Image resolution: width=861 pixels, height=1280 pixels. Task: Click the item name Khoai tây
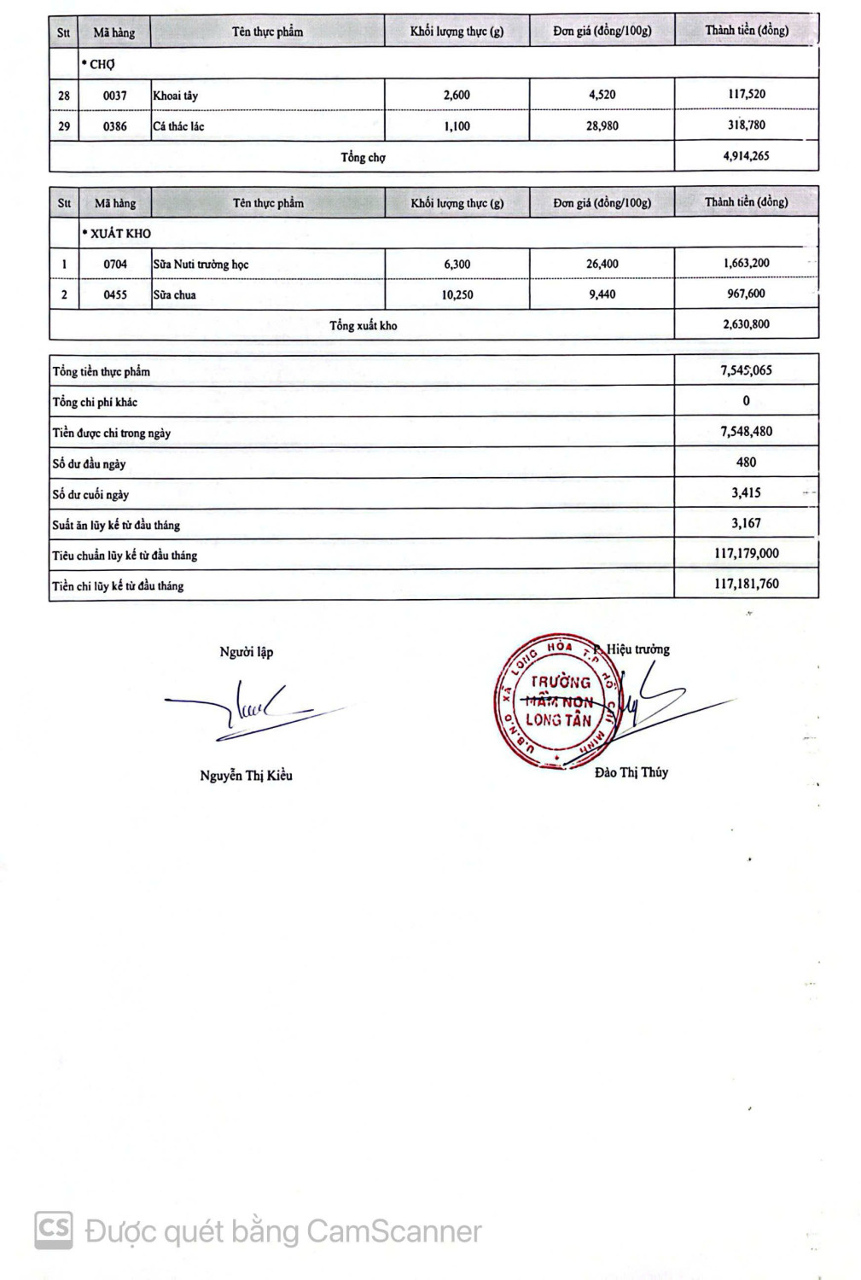[x=176, y=96]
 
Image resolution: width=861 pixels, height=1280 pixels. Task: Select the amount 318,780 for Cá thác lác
[x=746, y=125]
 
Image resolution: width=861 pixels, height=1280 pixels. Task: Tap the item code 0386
[x=115, y=126]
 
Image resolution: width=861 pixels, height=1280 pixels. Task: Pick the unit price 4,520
[x=602, y=95]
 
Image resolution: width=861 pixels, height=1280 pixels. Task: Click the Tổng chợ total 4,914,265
[x=746, y=155]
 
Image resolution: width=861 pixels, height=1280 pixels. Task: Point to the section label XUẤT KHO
[x=120, y=233]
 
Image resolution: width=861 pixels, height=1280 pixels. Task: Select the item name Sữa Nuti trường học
[x=201, y=265]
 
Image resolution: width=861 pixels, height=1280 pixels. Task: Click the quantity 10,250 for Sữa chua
[x=457, y=294]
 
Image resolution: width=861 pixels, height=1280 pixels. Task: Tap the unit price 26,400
[x=602, y=264]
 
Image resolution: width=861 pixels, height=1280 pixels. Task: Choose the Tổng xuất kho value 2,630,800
[x=746, y=323]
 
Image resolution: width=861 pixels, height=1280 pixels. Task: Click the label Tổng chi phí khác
[x=95, y=402]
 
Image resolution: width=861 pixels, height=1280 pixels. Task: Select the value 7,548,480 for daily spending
[x=746, y=431]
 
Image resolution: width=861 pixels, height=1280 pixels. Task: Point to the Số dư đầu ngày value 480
[x=746, y=462]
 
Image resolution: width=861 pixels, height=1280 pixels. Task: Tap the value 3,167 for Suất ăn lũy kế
[x=746, y=523]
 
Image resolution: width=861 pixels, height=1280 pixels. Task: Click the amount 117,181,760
[x=746, y=584]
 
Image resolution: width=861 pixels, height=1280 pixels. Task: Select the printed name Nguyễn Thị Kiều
[x=246, y=775]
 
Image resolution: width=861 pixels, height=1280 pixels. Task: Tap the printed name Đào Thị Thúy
[x=631, y=772]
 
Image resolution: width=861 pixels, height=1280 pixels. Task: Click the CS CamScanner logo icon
[x=53, y=1230]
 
